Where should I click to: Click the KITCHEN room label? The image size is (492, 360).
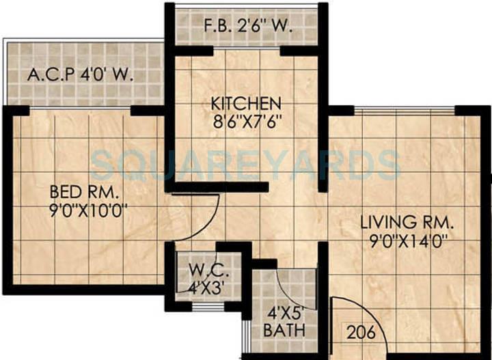(246, 104)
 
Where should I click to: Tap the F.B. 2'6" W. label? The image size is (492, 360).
(249, 29)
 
